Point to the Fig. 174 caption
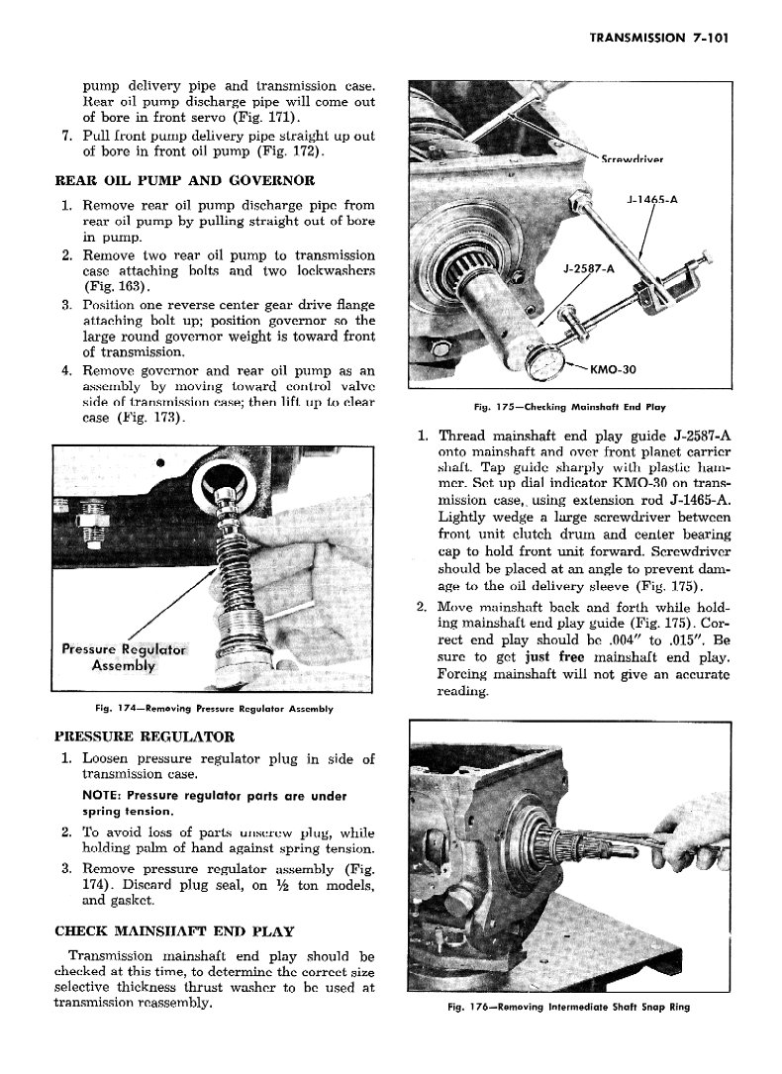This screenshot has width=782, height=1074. click(213, 709)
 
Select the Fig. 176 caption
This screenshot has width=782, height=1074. click(568, 1008)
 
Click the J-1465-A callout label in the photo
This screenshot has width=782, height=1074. click(651, 199)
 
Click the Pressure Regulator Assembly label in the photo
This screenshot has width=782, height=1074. click(123, 657)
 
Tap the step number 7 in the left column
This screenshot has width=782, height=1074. click(65, 136)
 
